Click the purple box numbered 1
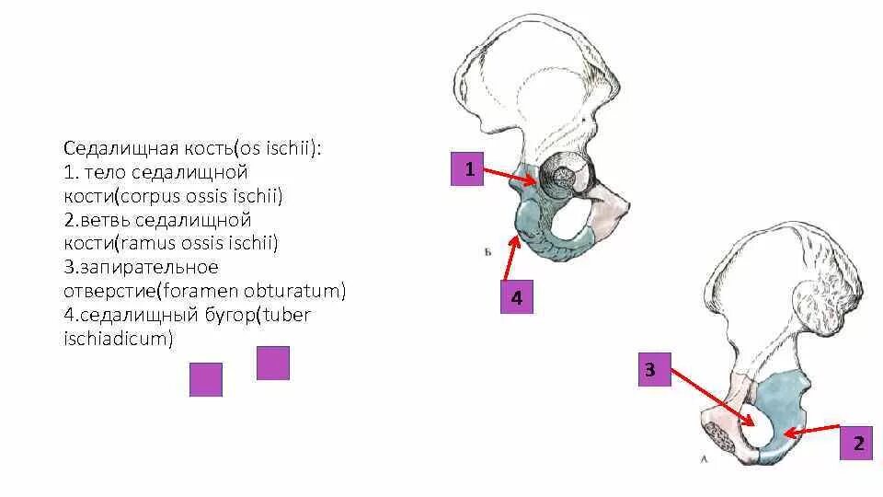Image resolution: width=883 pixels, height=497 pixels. (468, 169)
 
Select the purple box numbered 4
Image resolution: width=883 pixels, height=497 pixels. (516, 298)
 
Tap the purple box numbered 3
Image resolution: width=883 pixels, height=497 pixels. (650, 370)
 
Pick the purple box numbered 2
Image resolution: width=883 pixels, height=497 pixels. (857, 444)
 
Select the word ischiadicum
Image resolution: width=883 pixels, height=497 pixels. (119, 340)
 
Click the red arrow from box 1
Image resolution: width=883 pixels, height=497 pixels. (510, 175)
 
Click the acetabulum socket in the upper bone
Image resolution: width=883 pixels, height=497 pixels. (563, 178)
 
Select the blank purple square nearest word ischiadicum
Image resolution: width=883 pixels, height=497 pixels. (206, 379)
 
